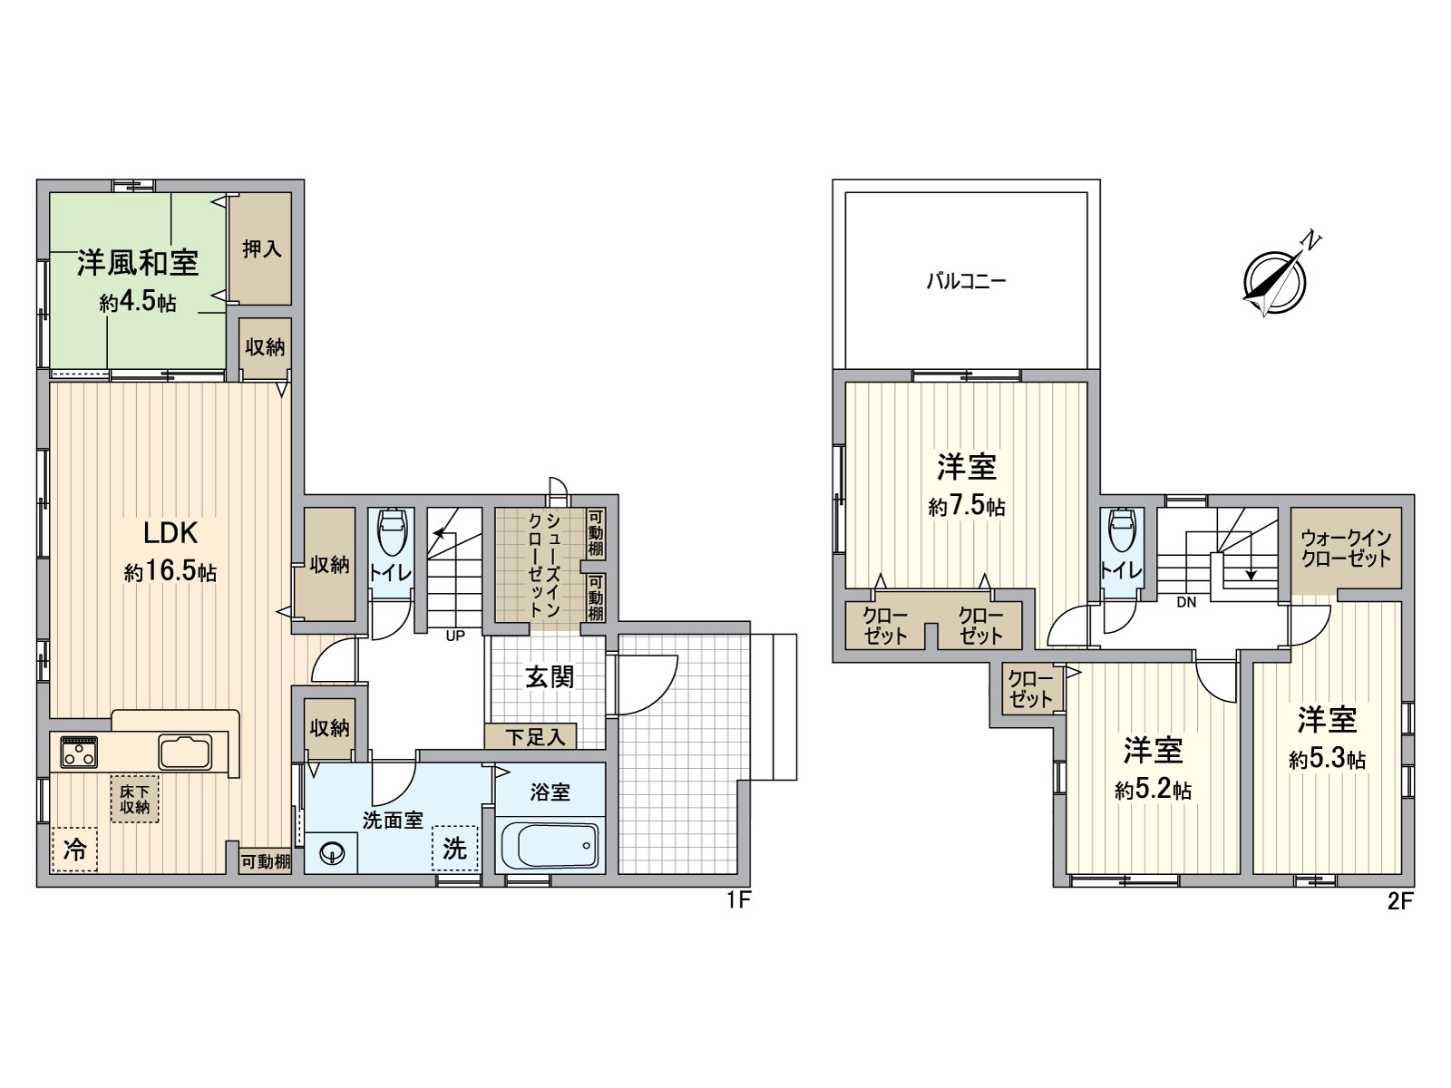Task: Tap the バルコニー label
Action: click(x=965, y=281)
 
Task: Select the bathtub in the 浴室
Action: click(x=550, y=846)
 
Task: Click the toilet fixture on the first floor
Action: click(x=392, y=535)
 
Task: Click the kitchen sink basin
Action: click(x=185, y=752)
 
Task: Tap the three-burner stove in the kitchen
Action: click(x=79, y=752)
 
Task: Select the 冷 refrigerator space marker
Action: click(x=75, y=850)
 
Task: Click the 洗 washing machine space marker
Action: click(x=454, y=848)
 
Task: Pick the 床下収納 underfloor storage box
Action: click(x=134, y=799)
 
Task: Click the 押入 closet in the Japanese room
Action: click(x=261, y=248)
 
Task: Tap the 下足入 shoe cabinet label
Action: click(x=535, y=737)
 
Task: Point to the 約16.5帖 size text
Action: click(x=170, y=573)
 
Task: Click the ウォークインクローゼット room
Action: click(x=1346, y=549)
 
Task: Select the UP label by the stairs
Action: click(x=455, y=636)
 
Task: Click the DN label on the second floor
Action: click(x=1186, y=602)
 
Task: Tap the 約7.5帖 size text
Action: click(x=967, y=506)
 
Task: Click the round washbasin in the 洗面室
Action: click(x=333, y=852)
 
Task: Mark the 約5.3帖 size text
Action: click(x=1327, y=759)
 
